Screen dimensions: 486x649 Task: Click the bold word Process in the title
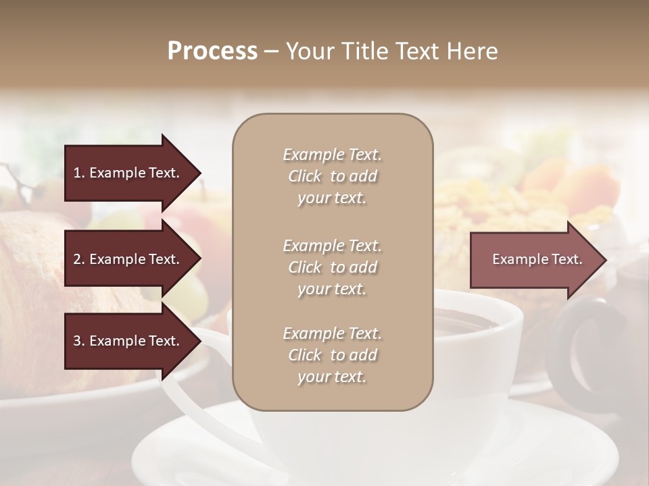212,51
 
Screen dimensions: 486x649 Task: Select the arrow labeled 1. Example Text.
128,173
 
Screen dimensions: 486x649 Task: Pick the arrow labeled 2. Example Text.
128,259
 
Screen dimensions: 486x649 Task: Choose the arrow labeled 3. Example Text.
128,341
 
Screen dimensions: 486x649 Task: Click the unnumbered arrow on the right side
534,259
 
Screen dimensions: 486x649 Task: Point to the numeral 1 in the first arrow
76,173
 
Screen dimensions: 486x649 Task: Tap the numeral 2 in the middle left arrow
77,259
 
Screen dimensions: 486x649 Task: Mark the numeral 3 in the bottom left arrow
77,341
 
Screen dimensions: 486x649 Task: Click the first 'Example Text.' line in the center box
332,155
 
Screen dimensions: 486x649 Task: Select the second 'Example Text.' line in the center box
332,245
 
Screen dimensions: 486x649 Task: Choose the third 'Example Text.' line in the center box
332,333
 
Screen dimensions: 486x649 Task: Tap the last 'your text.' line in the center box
332,377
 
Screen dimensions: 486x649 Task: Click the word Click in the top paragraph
305,176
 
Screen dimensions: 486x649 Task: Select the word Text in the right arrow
566,259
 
